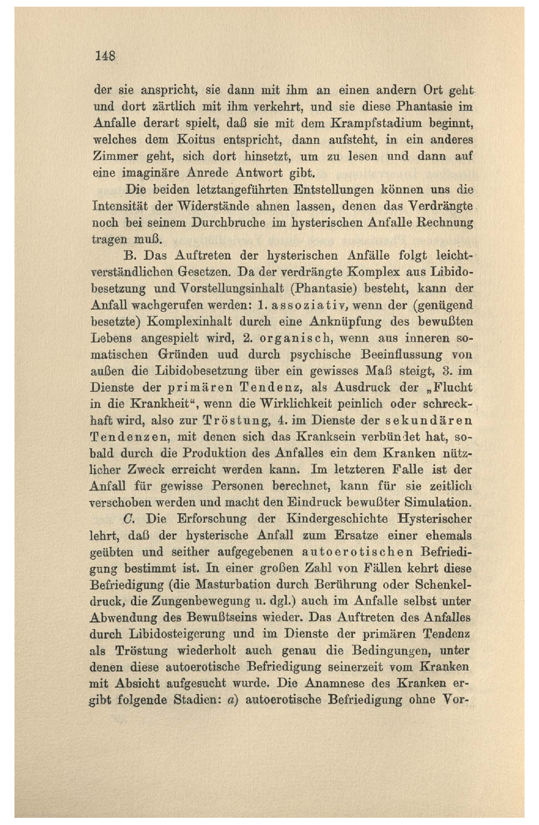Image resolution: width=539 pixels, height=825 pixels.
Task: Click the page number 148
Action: (x=105, y=56)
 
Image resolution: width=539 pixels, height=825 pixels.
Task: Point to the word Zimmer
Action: (x=115, y=157)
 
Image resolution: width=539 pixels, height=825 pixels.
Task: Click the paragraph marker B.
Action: (x=129, y=256)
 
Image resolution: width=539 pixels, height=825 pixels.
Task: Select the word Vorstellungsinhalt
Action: (x=234, y=289)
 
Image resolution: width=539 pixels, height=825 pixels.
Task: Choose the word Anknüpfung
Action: (x=346, y=322)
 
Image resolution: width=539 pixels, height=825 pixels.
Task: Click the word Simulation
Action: (x=437, y=502)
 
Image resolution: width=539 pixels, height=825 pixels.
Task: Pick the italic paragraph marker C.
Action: (x=130, y=519)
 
